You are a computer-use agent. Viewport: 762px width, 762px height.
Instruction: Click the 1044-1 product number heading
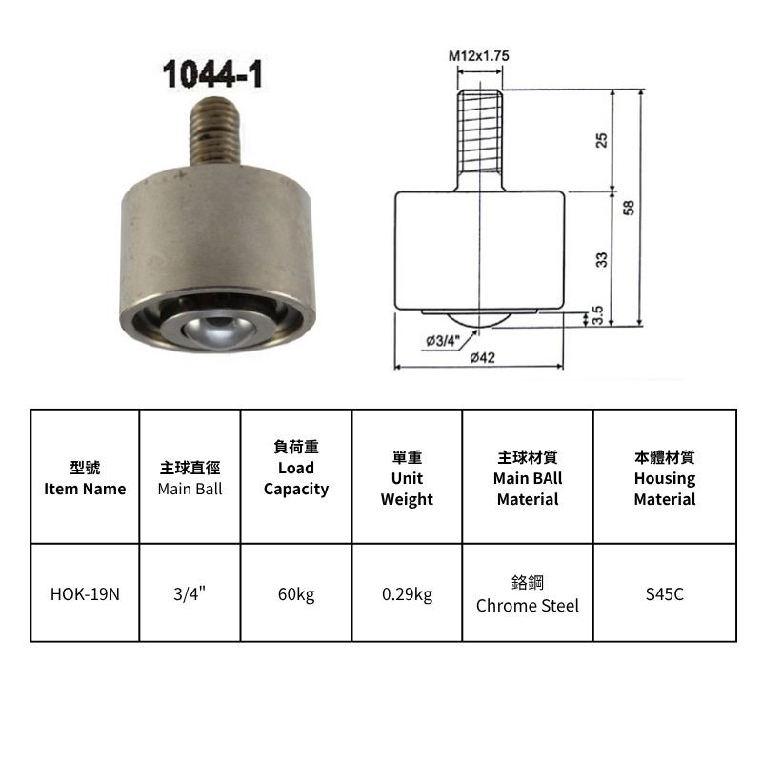point(212,74)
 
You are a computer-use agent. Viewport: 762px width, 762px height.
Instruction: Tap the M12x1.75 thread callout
point(479,56)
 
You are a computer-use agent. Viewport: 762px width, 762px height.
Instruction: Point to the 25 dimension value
point(602,140)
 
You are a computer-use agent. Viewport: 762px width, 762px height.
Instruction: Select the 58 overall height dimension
point(629,208)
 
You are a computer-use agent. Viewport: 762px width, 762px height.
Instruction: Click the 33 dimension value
point(602,259)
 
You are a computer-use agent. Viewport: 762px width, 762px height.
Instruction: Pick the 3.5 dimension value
point(598,315)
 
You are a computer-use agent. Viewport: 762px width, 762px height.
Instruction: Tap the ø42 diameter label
point(483,358)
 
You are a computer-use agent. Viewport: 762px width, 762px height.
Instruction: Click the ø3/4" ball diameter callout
point(443,341)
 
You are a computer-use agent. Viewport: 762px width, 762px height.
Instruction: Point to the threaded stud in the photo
point(214,130)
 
